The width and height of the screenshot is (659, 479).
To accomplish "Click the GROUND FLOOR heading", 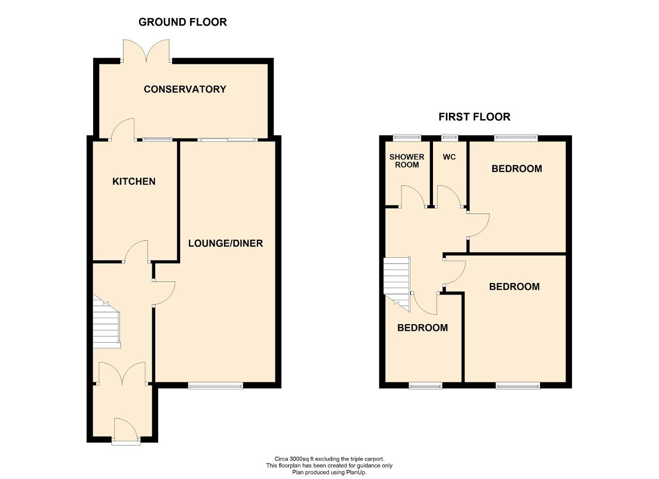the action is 182,22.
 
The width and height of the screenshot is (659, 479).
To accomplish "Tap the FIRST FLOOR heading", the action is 474,117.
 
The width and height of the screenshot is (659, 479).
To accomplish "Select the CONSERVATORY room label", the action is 185,89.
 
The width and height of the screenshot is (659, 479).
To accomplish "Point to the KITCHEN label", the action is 134,182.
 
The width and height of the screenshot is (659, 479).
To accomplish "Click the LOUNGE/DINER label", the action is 226,243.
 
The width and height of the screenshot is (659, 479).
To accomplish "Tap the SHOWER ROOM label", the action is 407,161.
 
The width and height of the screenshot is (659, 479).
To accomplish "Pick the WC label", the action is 449,157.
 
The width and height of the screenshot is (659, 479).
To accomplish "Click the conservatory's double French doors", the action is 146,51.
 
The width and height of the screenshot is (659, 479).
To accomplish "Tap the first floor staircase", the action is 397,284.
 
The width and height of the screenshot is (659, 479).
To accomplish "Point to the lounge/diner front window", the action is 216,385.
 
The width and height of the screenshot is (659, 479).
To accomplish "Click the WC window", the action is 450,137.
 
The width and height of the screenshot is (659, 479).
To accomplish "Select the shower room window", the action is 407,137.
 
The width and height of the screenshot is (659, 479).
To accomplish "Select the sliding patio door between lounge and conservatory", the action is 228,139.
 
